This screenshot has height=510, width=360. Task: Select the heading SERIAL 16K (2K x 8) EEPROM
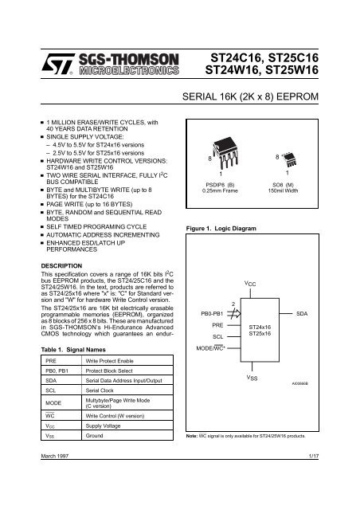[260, 97]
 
